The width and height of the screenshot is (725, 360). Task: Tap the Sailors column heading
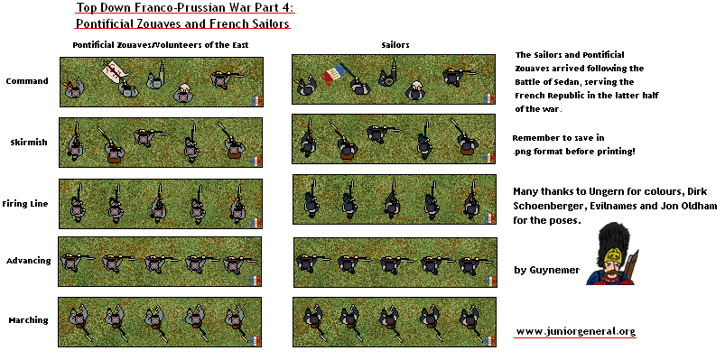tap(395, 45)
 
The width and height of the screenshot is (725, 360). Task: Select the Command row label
tap(27, 81)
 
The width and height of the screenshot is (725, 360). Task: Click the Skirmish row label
tap(29, 143)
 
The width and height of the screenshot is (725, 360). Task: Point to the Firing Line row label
tap(25, 204)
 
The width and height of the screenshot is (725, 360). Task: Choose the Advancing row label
tap(28, 261)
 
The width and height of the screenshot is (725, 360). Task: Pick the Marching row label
tap(28, 319)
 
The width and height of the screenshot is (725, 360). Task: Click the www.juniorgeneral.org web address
tap(576, 331)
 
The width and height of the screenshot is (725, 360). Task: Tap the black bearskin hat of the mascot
tap(612, 237)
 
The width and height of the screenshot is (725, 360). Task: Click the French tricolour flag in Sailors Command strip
tap(333, 74)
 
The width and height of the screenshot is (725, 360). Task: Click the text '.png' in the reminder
tap(522, 152)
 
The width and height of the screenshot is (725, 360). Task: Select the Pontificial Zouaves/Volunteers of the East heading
tap(161, 45)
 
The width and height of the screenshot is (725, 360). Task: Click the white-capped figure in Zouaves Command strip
tap(183, 93)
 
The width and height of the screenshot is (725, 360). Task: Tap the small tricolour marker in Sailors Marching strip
tap(489, 340)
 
